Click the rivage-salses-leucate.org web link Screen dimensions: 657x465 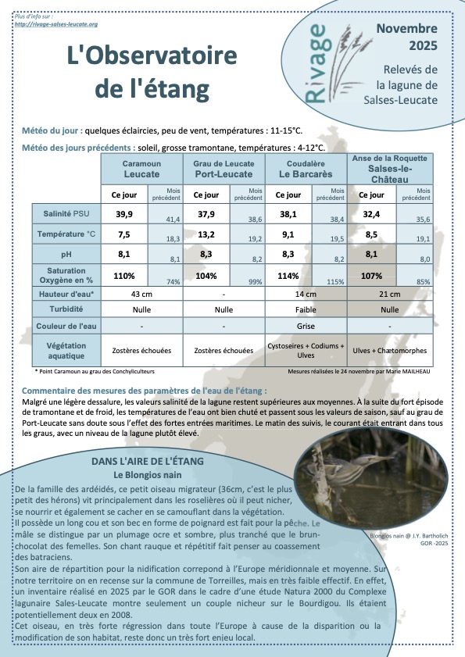click(56, 24)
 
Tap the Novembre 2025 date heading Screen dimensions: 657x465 click(406, 37)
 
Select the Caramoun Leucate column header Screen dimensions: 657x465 click(141, 168)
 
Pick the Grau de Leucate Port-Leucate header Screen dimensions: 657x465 click(224, 168)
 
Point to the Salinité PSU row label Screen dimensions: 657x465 click(66, 214)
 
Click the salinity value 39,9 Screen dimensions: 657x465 click(124, 213)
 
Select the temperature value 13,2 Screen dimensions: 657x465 click(206, 234)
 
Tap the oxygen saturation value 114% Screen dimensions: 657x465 click(288, 275)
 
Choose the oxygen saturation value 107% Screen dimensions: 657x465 click(371, 275)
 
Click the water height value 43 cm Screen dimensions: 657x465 click(141, 294)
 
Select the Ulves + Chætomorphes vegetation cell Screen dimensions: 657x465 click(389, 351)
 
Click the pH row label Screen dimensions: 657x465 click(66, 255)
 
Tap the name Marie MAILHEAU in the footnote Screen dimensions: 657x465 click(410, 372)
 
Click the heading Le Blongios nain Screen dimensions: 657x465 click(148, 475)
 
